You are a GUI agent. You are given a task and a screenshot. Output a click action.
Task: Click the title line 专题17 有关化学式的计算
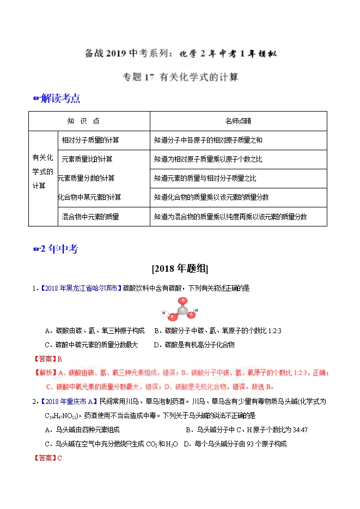[180, 77]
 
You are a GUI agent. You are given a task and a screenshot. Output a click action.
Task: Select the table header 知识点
[83, 121]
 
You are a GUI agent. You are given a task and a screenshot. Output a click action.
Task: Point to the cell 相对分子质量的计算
[90, 140]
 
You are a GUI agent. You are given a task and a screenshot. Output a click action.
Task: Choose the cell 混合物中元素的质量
[90, 217]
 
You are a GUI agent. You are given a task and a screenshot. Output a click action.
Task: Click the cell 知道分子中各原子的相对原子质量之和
[208, 140]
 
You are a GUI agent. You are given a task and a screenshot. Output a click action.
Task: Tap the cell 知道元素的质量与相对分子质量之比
[205, 178]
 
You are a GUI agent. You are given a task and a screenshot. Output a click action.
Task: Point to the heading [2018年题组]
[180, 268]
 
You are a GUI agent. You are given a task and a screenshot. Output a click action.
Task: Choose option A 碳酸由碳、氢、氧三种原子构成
[95, 330]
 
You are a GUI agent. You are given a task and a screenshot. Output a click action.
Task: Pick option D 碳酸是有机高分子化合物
[194, 345]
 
